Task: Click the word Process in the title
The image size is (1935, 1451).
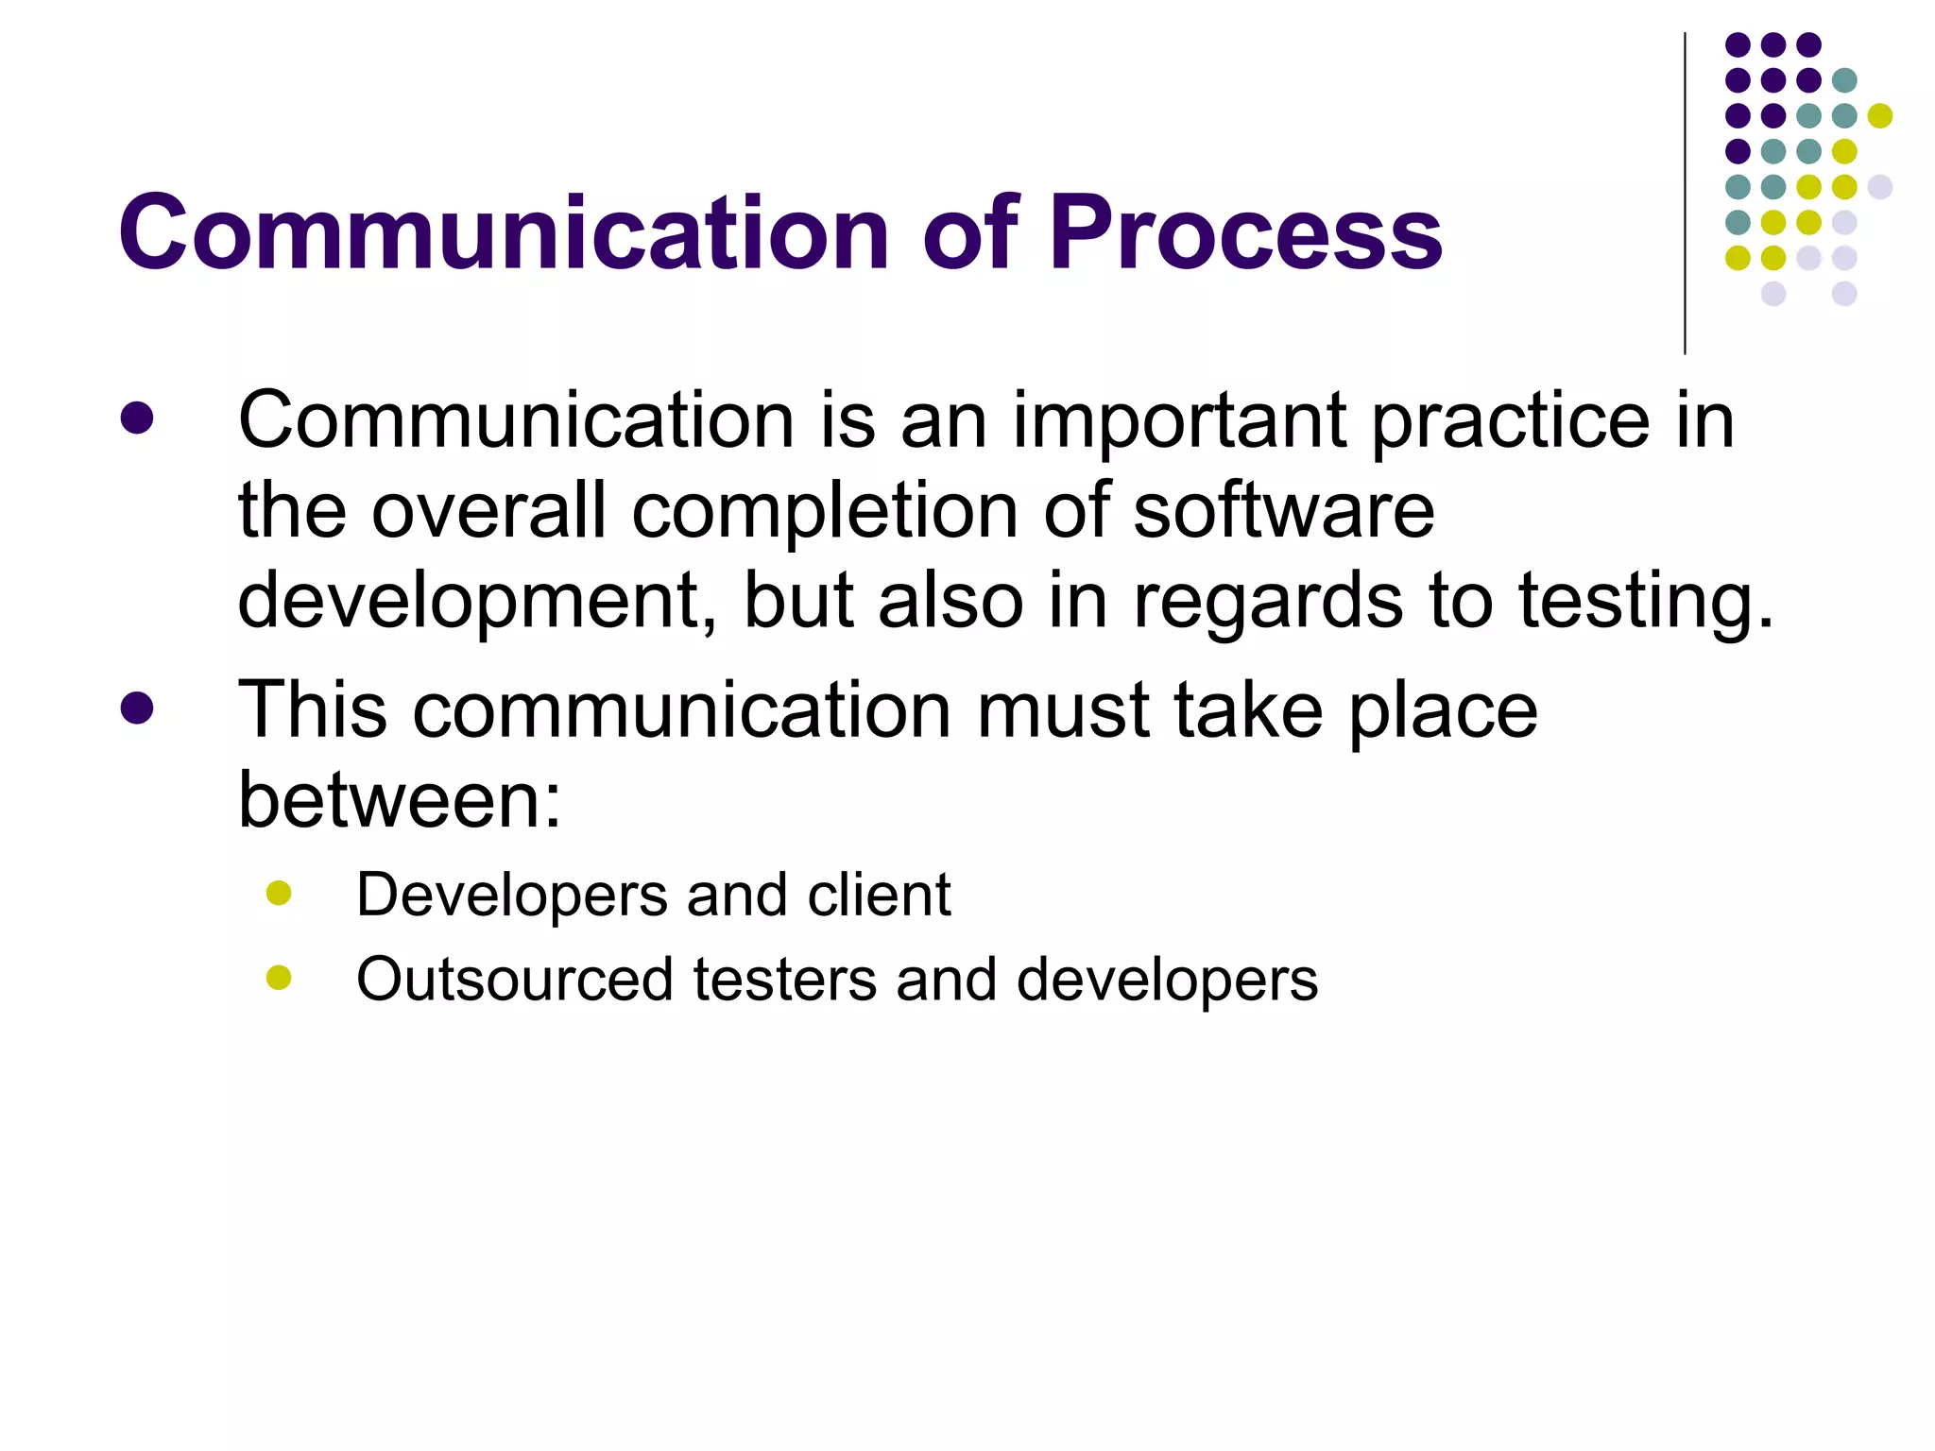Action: click(x=1245, y=233)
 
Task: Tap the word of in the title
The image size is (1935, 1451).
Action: click(x=970, y=231)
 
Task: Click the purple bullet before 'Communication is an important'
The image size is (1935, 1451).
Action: click(x=137, y=418)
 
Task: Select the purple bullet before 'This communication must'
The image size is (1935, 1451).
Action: click(x=137, y=708)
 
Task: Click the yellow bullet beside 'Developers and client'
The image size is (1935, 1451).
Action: click(x=279, y=893)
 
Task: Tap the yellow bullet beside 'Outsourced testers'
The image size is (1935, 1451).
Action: click(x=279, y=978)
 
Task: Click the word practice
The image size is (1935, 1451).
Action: click(x=1510, y=422)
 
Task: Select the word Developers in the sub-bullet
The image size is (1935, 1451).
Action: click(x=511, y=896)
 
